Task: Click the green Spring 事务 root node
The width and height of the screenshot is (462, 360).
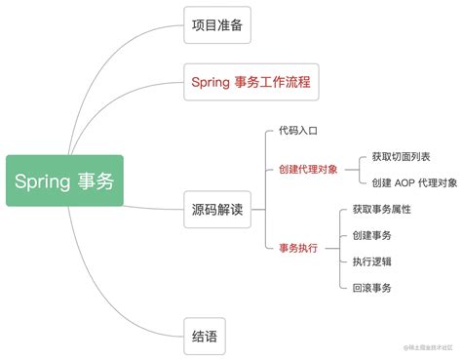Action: [64, 180]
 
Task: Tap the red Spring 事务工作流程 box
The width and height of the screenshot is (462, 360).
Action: [251, 82]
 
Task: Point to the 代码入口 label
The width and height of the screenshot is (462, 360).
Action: [298, 130]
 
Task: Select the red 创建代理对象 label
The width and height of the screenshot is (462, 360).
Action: [309, 169]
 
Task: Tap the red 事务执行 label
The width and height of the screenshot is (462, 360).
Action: [298, 248]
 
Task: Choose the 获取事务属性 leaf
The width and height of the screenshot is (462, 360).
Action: [382, 209]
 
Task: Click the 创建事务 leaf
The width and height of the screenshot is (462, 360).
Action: [371, 234]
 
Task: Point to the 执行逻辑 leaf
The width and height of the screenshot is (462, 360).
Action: [371, 260]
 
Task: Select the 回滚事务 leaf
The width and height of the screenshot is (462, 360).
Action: [371, 287]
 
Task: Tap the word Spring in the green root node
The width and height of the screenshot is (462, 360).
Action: [43, 180]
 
